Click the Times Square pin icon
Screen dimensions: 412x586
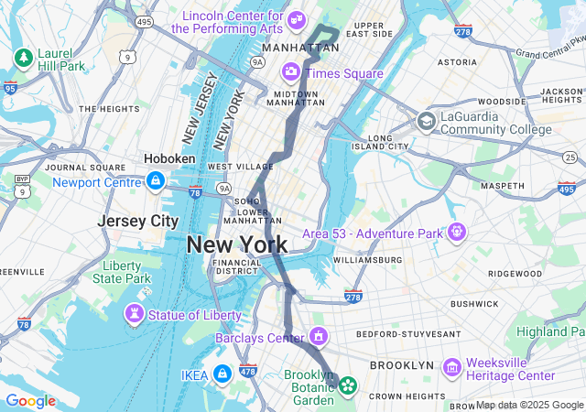point(290,70)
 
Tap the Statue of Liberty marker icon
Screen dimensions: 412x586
point(135,315)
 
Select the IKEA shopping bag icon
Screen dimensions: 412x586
point(222,374)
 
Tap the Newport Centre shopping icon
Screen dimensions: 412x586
point(155,181)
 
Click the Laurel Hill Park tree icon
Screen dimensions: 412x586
point(23,59)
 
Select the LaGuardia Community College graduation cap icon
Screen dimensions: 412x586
point(426,122)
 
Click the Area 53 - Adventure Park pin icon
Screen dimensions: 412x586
point(455,233)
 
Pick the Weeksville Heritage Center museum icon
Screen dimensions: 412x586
point(451,367)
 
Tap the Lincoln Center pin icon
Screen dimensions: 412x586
point(296,19)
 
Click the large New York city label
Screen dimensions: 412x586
point(236,244)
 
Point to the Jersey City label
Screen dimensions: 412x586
point(138,221)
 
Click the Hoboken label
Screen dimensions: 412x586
point(169,158)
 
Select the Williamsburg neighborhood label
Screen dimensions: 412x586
point(367,260)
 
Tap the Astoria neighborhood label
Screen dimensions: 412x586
point(457,62)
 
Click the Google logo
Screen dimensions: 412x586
point(30,401)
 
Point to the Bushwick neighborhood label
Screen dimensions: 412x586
point(473,303)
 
